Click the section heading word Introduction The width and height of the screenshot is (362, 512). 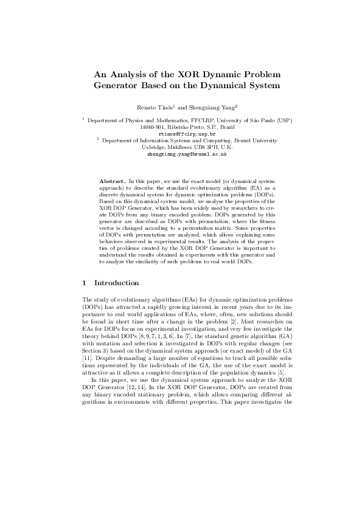tap(117, 283)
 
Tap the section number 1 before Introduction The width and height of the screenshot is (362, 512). tap(84, 283)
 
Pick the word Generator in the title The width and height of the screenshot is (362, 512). tap(119, 86)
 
